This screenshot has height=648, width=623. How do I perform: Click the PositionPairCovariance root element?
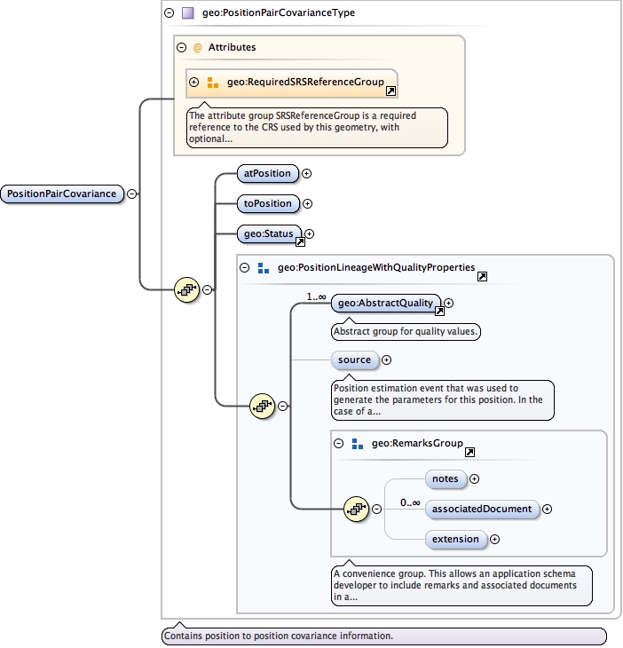(x=61, y=194)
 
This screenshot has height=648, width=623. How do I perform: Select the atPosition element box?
(x=267, y=174)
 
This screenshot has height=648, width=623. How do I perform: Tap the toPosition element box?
(x=267, y=203)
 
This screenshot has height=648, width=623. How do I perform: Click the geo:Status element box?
(x=266, y=233)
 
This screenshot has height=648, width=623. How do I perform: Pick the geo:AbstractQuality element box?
(x=385, y=304)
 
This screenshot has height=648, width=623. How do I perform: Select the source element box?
(x=354, y=360)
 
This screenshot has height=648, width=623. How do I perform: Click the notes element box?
(x=445, y=478)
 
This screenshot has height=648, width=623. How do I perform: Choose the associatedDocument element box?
(x=482, y=509)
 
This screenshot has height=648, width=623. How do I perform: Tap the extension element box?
(x=454, y=539)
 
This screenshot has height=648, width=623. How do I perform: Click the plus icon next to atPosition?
(x=307, y=174)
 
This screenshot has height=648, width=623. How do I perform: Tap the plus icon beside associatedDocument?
(x=547, y=509)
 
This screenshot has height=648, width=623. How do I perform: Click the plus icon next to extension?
(x=495, y=539)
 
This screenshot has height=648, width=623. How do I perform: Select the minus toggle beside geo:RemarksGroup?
(x=338, y=443)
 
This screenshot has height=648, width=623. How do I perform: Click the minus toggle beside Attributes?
(x=181, y=47)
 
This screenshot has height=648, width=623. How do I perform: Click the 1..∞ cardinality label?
(x=316, y=296)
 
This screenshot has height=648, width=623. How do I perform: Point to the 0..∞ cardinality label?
(x=410, y=502)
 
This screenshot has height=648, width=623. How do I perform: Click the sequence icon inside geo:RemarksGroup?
(x=356, y=509)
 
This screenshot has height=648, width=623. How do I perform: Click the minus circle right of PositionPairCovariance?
(x=131, y=194)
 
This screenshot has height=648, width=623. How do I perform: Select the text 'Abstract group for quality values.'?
(x=405, y=332)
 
